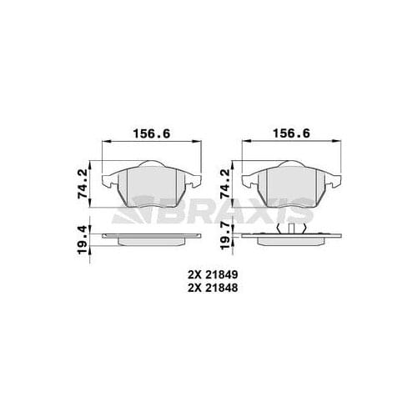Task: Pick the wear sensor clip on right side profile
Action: [x=291, y=229]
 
